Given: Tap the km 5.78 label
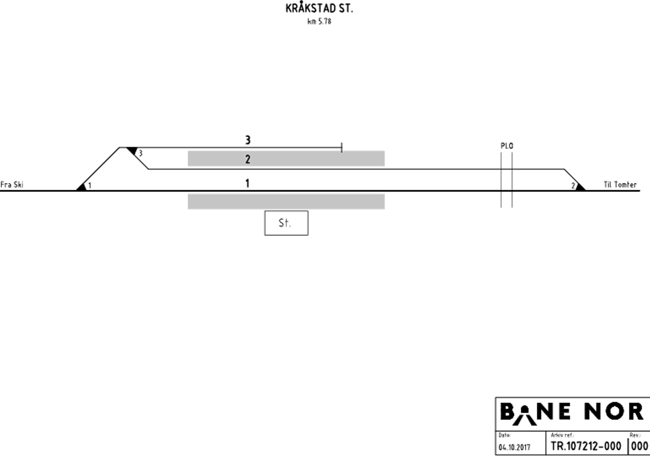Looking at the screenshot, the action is (319, 22).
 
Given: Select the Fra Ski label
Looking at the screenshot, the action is (12, 185).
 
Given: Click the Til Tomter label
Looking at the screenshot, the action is (620, 185).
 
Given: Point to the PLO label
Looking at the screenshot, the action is (507, 146).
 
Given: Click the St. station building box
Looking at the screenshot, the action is (286, 223).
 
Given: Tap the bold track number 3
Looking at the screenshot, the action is (247, 140).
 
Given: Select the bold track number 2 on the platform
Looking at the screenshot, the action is (247, 159).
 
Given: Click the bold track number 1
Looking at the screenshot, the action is (247, 183).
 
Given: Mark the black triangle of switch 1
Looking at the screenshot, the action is (82, 187).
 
